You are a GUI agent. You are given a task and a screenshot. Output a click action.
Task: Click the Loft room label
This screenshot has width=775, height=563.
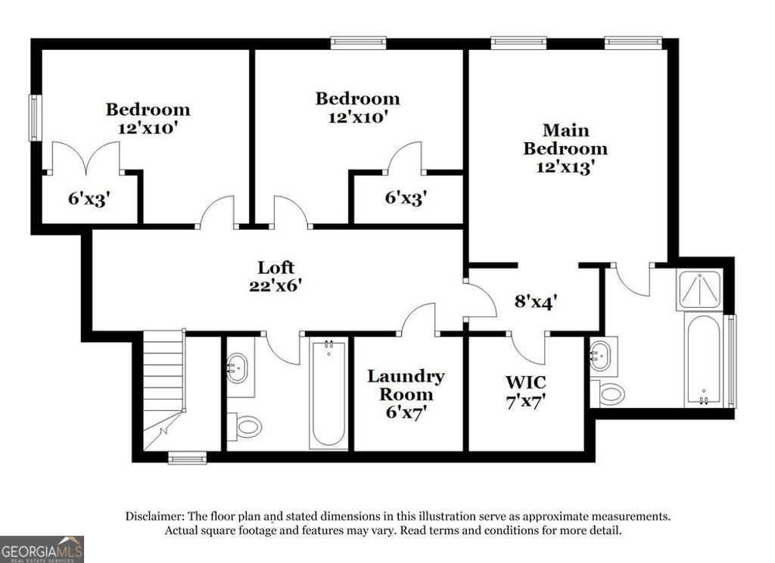[x=275, y=267]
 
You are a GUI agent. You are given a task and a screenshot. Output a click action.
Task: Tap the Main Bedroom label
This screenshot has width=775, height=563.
[x=565, y=139]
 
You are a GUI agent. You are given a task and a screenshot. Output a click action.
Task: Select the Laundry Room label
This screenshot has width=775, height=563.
[x=406, y=385]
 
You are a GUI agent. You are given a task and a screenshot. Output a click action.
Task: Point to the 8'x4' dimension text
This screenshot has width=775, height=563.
[x=536, y=300]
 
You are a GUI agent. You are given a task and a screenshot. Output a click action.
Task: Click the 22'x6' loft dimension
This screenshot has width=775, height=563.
[x=275, y=285]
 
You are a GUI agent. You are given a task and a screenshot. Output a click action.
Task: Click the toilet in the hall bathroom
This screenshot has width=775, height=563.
[x=244, y=427]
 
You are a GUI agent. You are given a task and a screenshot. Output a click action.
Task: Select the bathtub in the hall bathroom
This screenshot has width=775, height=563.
[x=328, y=393]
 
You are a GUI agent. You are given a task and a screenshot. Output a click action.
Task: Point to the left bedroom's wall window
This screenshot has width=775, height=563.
[x=34, y=117]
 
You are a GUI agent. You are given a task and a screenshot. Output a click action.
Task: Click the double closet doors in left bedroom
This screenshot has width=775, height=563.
[x=84, y=157]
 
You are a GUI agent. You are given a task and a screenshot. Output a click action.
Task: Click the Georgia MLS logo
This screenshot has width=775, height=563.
[x=42, y=549]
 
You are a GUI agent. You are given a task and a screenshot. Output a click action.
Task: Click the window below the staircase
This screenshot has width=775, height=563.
[x=187, y=458]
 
